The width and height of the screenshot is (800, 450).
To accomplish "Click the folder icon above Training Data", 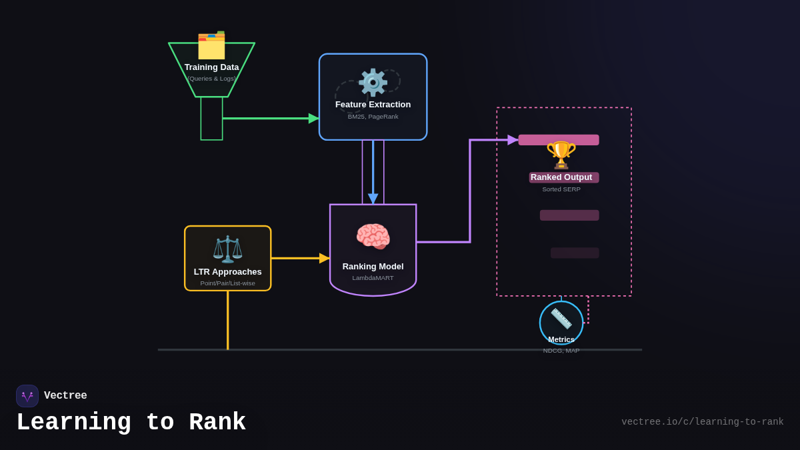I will click(x=211, y=45).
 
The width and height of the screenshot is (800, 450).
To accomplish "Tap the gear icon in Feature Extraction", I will click(x=373, y=83).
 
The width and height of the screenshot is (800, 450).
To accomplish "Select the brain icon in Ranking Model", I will click(x=373, y=237).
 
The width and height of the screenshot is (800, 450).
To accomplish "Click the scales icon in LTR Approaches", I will click(x=227, y=249).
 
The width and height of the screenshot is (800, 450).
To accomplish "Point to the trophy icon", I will click(x=561, y=155).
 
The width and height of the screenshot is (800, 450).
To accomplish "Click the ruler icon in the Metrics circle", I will click(x=561, y=319).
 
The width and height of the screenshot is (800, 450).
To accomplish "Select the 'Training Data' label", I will click(x=211, y=67).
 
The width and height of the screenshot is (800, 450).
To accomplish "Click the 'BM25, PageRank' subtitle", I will click(x=373, y=117).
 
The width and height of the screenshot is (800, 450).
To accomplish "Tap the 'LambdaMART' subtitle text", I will click(x=373, y=278).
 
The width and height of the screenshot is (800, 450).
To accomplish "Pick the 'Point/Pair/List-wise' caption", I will click(x=227, y=283).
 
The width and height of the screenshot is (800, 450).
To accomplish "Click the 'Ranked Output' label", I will click(x=561, y=177).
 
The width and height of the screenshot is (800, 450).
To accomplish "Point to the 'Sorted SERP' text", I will click(x=561, y=189).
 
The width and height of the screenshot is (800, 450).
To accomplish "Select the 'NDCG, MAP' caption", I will click(x=561, y=351).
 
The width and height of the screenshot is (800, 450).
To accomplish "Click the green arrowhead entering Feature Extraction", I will click(x=313, y=119).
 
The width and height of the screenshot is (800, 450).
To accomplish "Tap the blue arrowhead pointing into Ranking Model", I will click(x=373, y=199).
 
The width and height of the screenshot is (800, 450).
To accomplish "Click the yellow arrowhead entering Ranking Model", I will click(x=324, y=258).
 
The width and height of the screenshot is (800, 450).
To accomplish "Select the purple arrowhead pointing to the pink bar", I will click(x=513, y=140).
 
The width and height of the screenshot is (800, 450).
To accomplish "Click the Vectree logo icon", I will click(x=27, y=396).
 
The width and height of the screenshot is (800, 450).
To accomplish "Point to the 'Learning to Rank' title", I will click(x=131, y=423).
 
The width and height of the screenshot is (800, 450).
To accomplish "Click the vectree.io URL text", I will click(x=702, y=422).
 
